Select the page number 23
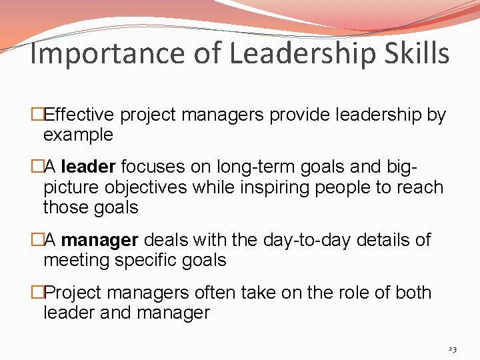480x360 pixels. (x=452, y=349)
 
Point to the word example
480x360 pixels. (x=78, y=135)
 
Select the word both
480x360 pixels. (x=413, y=293)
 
